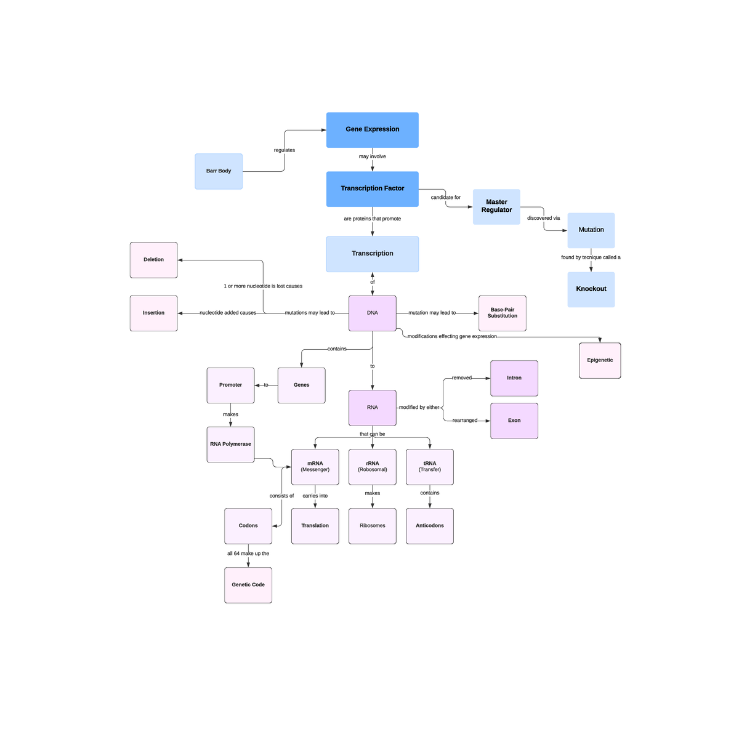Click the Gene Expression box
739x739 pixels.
[372, 130]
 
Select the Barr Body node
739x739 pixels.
[219, 171]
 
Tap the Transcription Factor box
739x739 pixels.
[372, 189]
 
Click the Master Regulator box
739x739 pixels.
[496, 206]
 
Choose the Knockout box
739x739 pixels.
[591, 289]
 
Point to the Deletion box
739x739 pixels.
[153, 260]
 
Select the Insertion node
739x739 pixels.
[153, 313]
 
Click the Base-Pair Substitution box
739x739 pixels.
[502, 313]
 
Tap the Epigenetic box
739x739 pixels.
[599, 360]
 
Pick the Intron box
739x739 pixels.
[514, 378]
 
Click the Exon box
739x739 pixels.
[514, 421]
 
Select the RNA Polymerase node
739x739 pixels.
[230, 444]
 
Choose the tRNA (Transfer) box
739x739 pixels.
[429, 467]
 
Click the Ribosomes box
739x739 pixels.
[372, 526]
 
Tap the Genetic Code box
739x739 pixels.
[248, 585]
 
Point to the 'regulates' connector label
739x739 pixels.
[284, 150]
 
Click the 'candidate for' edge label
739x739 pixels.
[445, 198]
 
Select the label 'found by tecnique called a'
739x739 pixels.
[591, 257]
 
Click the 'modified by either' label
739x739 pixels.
[419, 408]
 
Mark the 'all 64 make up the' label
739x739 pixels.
[248, 554]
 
